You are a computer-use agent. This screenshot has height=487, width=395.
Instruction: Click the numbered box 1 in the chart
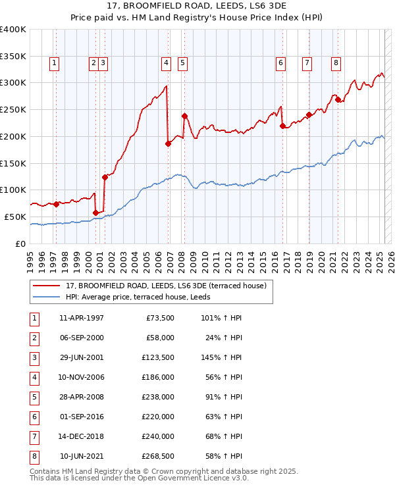(54, 63)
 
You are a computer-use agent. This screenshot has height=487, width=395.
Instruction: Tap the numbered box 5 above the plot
(182, 63)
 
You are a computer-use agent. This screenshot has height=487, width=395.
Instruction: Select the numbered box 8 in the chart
(336, 63)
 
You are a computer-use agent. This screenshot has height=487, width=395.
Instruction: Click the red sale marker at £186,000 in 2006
(168, 143)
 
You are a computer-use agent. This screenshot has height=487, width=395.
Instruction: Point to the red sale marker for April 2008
(184, 116)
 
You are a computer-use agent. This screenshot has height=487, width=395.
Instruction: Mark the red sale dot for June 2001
(105, 177)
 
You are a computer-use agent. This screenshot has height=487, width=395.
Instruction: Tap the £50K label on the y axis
(16, 217)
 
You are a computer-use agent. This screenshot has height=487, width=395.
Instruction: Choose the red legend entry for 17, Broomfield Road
(165, 286)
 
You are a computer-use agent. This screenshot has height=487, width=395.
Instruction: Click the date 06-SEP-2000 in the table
(82, 338)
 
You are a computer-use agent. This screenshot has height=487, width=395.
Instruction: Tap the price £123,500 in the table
(158, 357)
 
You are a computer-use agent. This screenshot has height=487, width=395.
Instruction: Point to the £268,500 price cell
(158, 456)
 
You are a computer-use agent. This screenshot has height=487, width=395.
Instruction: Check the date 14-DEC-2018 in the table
(82, 436)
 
